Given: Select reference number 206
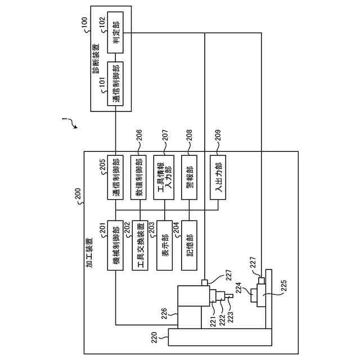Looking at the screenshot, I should click(138, 135).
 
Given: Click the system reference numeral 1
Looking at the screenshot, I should click(64, 120).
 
